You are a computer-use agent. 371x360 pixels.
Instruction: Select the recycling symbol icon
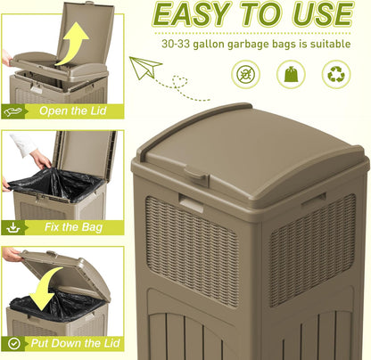coord(336,74)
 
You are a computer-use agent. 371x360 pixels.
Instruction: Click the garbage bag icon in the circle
coord(293,74)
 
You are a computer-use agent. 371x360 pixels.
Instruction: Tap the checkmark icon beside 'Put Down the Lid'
coord(12,343)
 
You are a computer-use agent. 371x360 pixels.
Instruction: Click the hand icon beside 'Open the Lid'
coord(12,111)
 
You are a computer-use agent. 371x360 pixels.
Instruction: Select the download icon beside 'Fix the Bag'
coord(12,227)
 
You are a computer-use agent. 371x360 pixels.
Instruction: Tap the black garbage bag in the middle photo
coord(54,184)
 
